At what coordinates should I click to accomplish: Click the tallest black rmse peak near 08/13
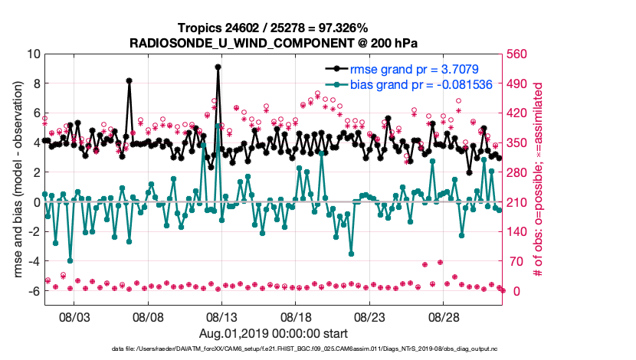point(218,67)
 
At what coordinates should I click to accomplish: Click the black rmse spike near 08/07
point(129,80)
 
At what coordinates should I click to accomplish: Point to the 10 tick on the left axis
point(33,54)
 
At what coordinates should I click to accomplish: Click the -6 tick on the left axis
point(33,291)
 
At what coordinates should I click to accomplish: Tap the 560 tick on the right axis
point(519,54)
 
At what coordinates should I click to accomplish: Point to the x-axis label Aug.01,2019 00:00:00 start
point(274,333)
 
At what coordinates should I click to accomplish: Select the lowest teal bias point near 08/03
point(70,260)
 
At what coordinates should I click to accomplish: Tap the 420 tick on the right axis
point(519,113)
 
